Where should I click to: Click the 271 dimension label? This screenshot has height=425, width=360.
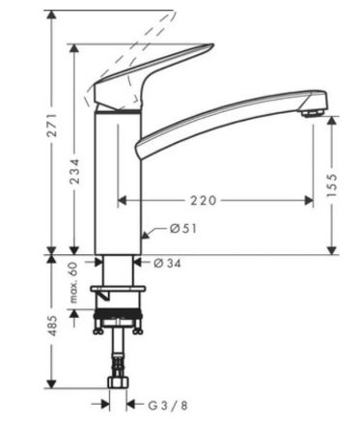coord(51,125)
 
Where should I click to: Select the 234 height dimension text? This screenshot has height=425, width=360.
coord(74,171)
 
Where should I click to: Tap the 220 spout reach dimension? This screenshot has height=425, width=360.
coord(204,201)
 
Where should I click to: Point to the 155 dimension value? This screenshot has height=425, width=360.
coord(331,185)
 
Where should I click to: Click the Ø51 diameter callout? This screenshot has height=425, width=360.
coord(183,229)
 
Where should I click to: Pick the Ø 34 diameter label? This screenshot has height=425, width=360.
coord(167,263)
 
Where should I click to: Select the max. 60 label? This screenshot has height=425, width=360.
coord(73,282)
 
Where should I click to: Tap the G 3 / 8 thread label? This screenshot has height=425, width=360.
coord(168,405)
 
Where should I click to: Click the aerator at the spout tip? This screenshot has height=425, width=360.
coord(312,113)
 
